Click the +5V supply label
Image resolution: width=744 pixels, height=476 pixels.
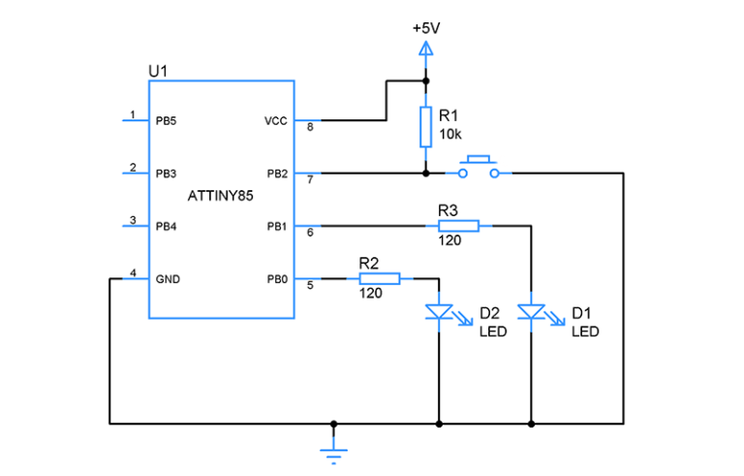425,28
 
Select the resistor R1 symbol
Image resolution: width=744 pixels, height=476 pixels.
425,127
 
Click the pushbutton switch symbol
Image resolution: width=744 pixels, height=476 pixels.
478,168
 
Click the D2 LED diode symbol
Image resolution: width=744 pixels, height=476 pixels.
439,312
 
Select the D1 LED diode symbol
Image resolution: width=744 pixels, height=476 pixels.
531,312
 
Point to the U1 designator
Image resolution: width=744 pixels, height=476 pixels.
158,72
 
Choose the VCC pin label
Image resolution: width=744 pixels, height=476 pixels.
274,121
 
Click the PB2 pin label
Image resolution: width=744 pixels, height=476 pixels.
274,174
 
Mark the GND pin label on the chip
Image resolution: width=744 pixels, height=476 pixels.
167,279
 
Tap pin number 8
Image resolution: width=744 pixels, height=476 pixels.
310,127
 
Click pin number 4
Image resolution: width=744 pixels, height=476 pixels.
133,271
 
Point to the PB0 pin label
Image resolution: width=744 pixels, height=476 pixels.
274,279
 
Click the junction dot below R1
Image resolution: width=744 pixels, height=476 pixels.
425,174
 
